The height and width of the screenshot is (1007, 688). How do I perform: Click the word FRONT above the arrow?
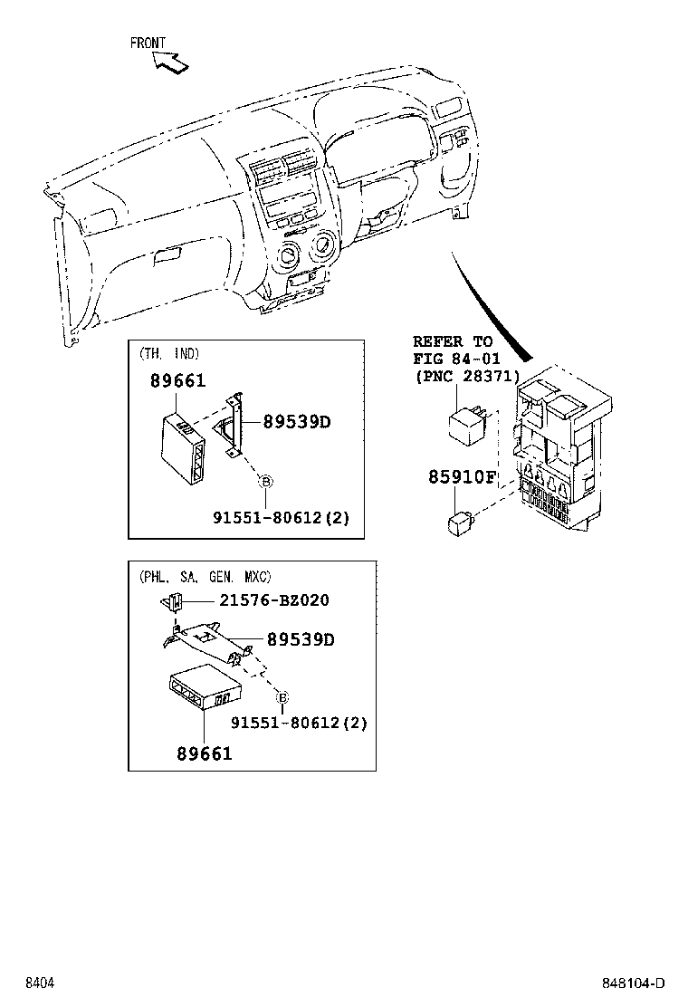148,43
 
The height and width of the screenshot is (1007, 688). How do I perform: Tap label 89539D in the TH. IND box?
297,422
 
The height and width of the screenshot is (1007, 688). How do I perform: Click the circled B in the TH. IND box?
266,482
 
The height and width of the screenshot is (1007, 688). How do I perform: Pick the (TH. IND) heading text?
169,353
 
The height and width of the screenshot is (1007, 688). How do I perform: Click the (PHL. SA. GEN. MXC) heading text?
205,576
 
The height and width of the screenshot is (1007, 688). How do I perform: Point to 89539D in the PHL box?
301,640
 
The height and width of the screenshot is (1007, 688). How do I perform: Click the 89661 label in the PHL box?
204,753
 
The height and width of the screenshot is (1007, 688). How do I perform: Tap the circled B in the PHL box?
282,697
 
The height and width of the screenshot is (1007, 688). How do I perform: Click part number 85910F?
463,477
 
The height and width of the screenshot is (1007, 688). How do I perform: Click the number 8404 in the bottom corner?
39,983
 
